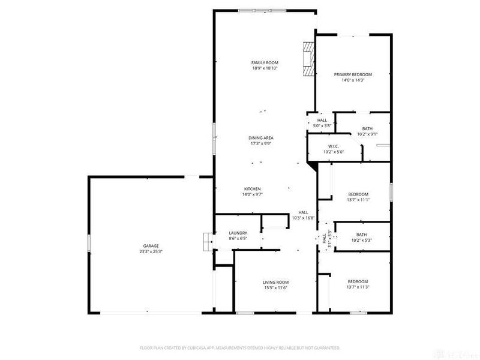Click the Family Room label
[265, 62]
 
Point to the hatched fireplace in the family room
[308, 59]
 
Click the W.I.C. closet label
[334, 146]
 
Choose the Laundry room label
[238, 233]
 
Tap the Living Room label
[276, 282]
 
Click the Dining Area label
[262, 138]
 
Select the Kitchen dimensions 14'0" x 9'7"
[252, 194]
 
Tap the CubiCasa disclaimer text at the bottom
[240, 347]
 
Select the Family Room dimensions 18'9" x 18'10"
[265, 68]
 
